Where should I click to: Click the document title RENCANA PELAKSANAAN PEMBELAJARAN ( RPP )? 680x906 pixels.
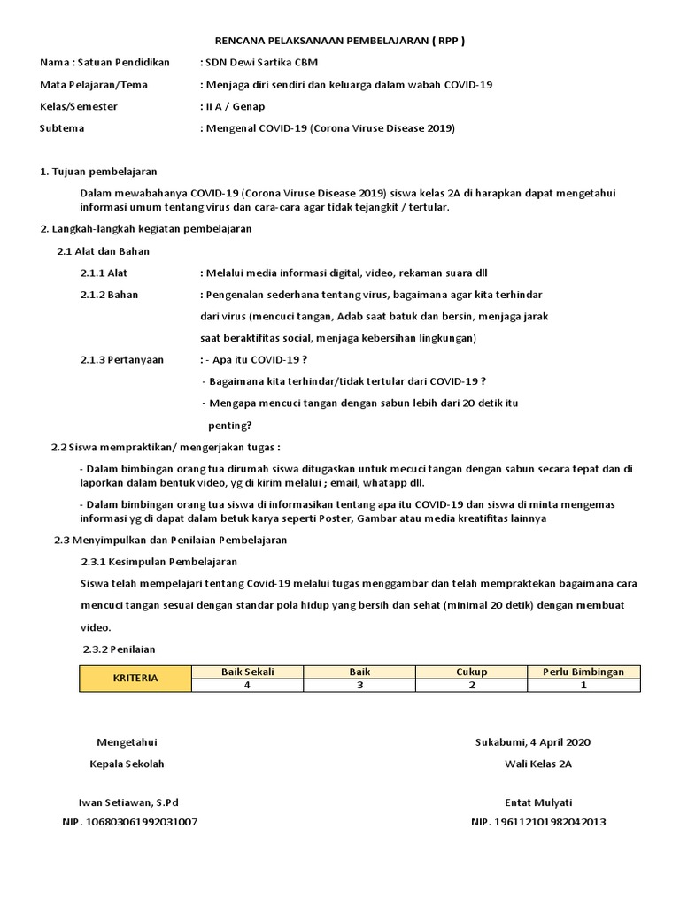tap(340, 41)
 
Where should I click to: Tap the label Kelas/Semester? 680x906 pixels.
tap(79, 106)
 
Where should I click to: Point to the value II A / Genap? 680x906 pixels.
tap(233, 106)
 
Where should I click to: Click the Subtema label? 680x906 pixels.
tap(62, 128)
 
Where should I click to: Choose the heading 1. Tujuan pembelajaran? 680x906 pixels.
tap(98, 172)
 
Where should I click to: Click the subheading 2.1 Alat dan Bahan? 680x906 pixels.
tap(103, 251)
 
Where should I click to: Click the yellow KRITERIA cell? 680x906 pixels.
tap(135, 679)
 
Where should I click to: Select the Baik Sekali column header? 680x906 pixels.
tap(247, 672)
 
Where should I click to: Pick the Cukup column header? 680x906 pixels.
tap(471, 672)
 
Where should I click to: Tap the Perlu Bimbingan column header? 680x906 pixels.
tap(583, 672)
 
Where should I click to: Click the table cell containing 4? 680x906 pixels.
tap(247, 685)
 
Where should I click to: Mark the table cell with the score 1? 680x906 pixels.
tap(583, 685)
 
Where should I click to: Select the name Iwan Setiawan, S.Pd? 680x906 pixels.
tap(128, 802)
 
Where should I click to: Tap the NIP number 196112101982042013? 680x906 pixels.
tap(538, 822)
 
